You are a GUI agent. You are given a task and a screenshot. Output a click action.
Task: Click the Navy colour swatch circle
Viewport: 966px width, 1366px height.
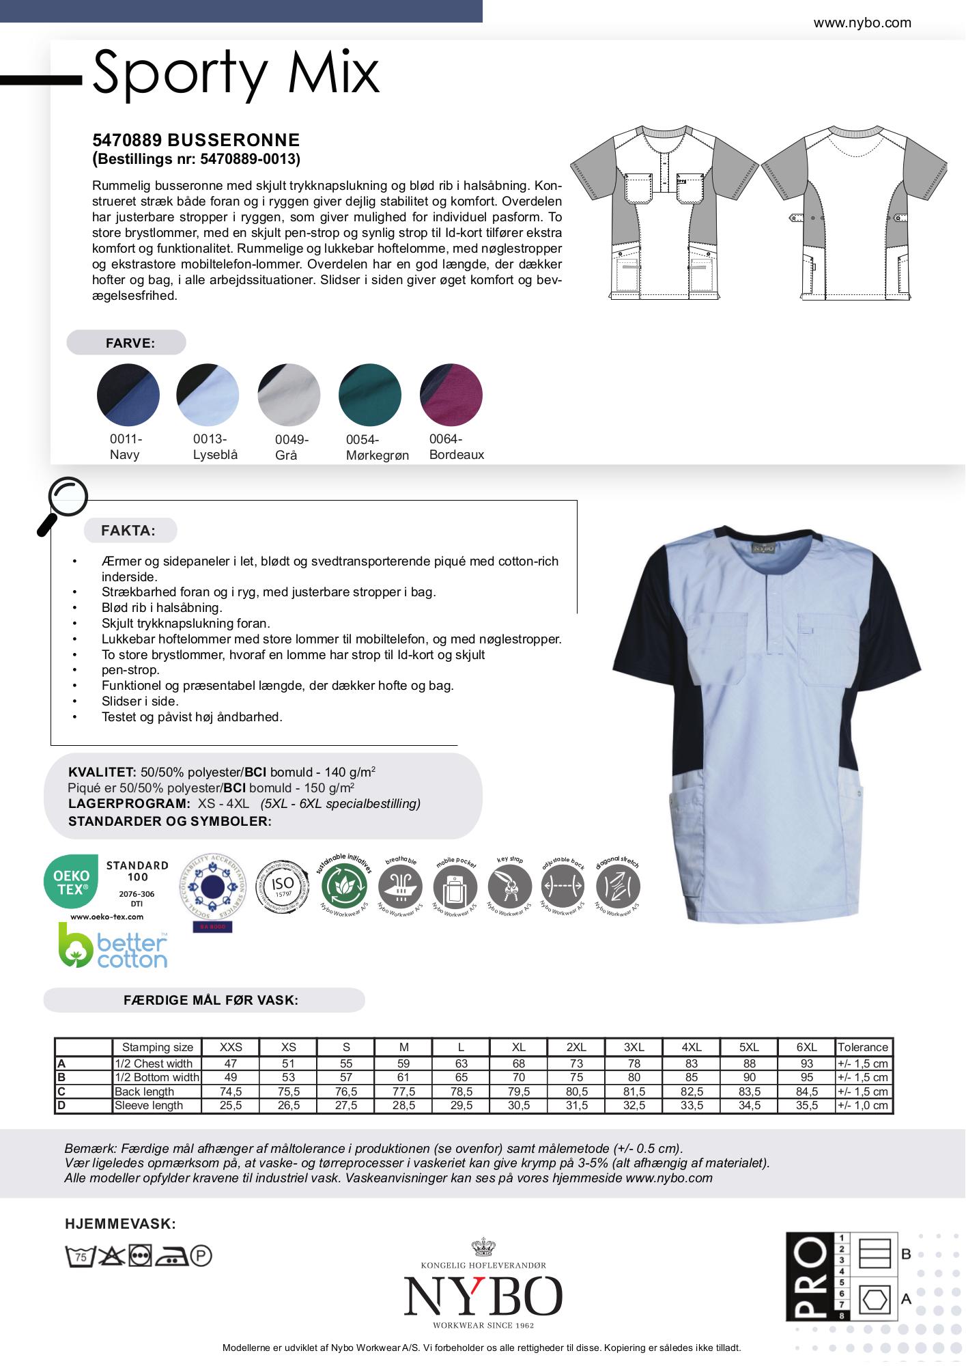pyautogui.click(x=128, y=395)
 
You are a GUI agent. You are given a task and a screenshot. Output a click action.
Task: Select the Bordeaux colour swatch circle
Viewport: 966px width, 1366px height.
pyautogui.click(x=451, y=395)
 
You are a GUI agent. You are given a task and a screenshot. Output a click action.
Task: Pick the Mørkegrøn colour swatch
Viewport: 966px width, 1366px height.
pyautogui.click(x=370, y=395)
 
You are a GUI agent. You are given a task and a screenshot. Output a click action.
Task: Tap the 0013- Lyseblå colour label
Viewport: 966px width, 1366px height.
pyautogui.click(x=215, y=447)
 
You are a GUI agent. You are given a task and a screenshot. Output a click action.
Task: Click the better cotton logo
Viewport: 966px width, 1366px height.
pyautogui.click(x=113, y=945)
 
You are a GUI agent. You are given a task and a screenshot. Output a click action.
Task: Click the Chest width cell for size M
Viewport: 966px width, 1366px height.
pyautogui.click(x=403, y=1063)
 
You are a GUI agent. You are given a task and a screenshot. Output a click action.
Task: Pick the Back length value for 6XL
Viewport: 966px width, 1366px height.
pyautogui.click(x=806, y=1091)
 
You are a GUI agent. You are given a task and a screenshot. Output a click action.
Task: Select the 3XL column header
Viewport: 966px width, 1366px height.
pyautogui.click(x=634, y=1047)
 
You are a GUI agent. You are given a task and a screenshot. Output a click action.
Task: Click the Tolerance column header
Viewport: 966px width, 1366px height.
pyautogui.click(x=863, y=1047)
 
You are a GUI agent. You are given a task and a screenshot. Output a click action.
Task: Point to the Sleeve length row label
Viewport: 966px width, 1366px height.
pyautogui.click(x=149, y=1105)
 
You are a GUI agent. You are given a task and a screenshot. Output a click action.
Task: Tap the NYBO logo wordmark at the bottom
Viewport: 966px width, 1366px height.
pyautogui.click(x=483, y=1296)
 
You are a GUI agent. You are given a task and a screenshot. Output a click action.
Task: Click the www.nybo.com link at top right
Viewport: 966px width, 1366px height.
pyautogui.click(x=862, y=23)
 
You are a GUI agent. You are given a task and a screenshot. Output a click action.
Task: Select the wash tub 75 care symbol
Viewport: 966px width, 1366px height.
pyautogui.click(x=79, y=1256)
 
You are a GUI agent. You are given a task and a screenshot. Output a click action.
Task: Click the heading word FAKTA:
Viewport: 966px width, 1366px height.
pyautogui.click(x=128, y=530)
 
